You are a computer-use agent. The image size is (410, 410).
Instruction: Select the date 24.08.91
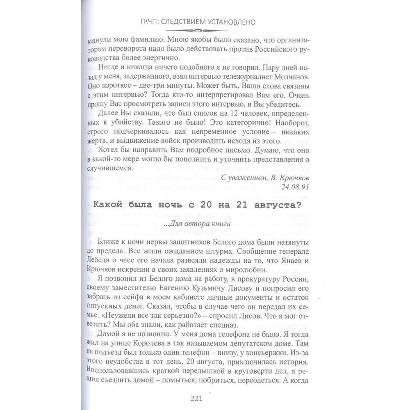[294, 187]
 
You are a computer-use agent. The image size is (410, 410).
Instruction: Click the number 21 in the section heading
[239, 206]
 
